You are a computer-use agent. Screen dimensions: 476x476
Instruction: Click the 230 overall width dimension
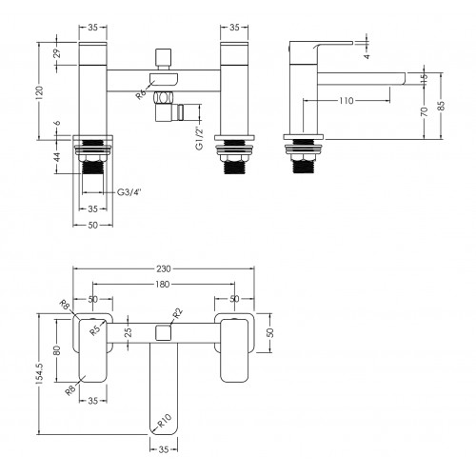click(x=164, y=268)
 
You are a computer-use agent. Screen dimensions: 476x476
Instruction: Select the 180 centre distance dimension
click(x=163, y=284)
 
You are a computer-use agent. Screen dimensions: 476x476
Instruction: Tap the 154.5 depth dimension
click(x=40, y=374)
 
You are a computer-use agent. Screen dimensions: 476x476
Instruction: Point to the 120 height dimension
click(x=39, y=92)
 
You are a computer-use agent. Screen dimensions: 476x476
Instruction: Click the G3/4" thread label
click(x=129, y=192)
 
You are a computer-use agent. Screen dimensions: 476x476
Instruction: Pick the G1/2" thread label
click(x=200, y=138)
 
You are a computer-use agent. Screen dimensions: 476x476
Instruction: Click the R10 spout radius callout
click(x=165, y=421)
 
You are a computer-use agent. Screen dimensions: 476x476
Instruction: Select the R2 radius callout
click(x=178, y=313)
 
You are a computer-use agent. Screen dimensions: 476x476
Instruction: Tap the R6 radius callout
click(x=141, y=94)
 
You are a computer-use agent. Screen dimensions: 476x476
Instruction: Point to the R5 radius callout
click(x=95, y=330)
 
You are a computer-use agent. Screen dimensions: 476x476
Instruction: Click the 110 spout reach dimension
click(x=346, y=101)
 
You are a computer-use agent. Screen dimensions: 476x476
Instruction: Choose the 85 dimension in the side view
click(x=441, y=106)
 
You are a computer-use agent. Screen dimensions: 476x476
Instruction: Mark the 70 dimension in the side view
click(x=425, y=111)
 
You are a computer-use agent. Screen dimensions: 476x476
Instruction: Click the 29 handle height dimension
click(x=57, y=53)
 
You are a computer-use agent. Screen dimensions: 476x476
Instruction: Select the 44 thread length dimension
click(x=57, y=157)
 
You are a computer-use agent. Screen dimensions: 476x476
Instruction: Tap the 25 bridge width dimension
click(x=128, y=332)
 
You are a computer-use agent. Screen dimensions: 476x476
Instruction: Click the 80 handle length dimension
click(x=57, y=350)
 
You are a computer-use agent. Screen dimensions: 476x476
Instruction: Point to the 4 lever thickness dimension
click(x=367, y=56)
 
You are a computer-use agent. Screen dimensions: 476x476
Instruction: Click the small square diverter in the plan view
click(x=164, y=332)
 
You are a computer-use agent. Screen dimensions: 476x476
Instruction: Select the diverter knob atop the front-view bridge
click(x=163, y=57)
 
